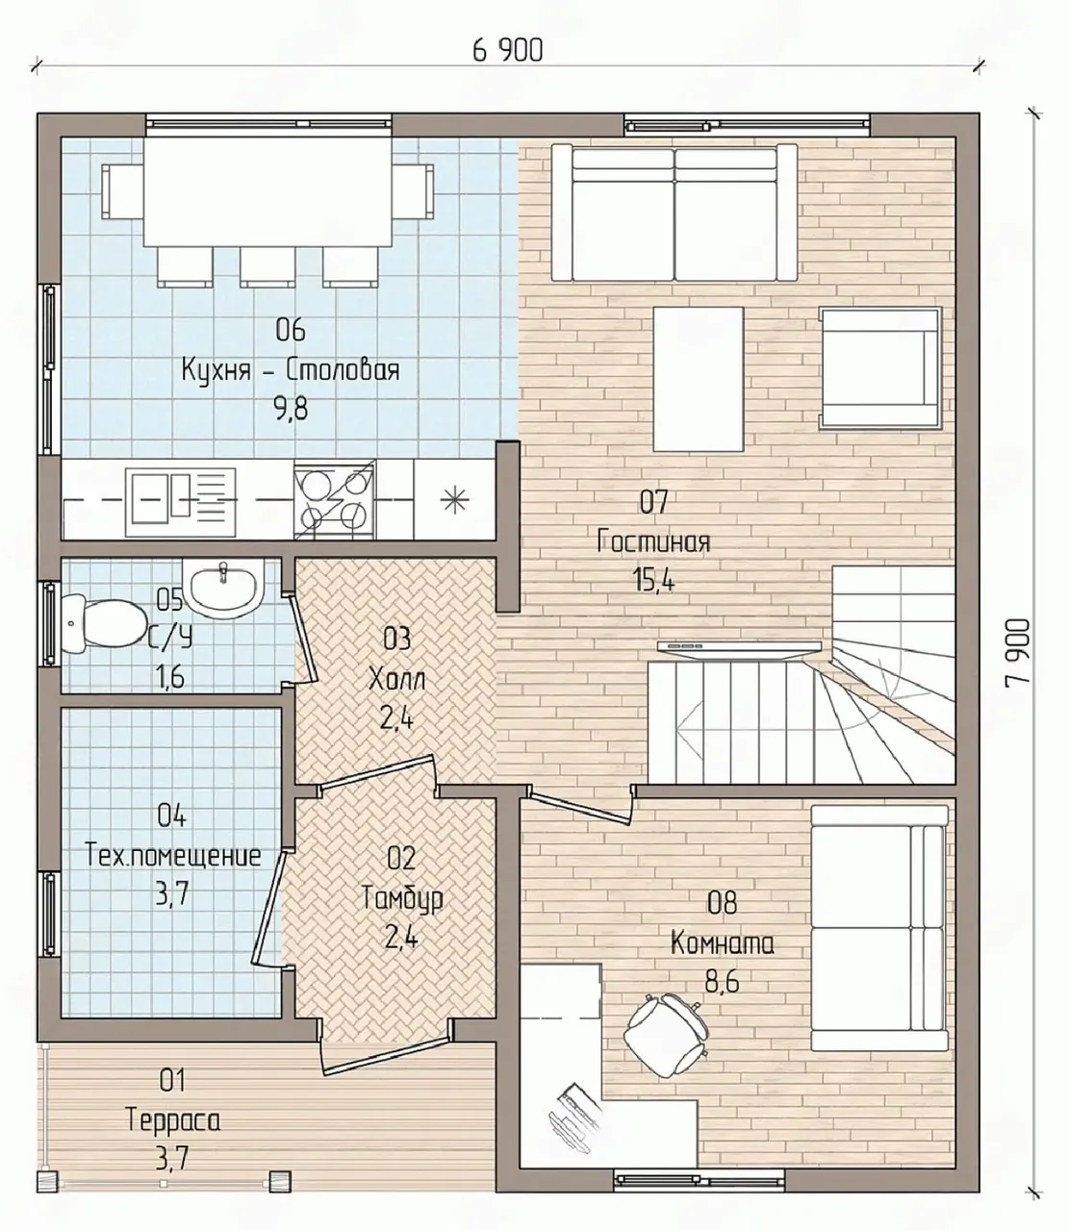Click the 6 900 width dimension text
click(507, 51)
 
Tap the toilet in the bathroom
click(103, 624)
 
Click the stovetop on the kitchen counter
click(335, 499)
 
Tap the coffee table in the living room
click(699, 379)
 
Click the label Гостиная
click(653, 542)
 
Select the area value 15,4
click(653, 580)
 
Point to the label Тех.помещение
click(173, 856)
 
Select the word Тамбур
click(402, 898)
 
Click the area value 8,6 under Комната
click(722, 983)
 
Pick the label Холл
click(396, 681)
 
